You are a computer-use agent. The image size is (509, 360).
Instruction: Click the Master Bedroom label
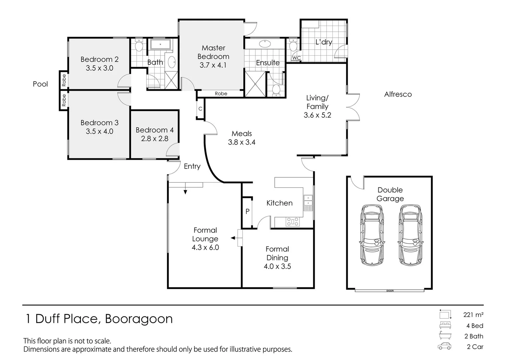coord(213,52)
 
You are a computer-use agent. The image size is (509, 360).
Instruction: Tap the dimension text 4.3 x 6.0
coord(205,248)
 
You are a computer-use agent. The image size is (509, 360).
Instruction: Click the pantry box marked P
coord(247,212)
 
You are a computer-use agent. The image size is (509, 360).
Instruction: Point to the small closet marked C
coord(200,109)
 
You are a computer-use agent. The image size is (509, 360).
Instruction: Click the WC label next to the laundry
coord(296,58)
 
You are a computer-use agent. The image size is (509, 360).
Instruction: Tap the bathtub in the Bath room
coord(160,44)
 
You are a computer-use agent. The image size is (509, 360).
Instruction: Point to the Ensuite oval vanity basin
coord(265,43)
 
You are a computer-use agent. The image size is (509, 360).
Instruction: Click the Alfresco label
coord(398,94)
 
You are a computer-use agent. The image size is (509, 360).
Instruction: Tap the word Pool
coord(40,84)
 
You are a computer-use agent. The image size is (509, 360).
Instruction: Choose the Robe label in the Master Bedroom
coord(221,94)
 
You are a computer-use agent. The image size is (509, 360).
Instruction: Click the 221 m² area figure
coord(473,314)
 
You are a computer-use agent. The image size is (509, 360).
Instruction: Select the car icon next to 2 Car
coord(444,346)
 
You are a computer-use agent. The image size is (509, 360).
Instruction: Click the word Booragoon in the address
coord(139,319)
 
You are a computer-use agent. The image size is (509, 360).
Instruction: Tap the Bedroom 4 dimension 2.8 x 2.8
coord(154,139)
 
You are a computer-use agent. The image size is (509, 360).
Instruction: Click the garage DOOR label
coord(390,291)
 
